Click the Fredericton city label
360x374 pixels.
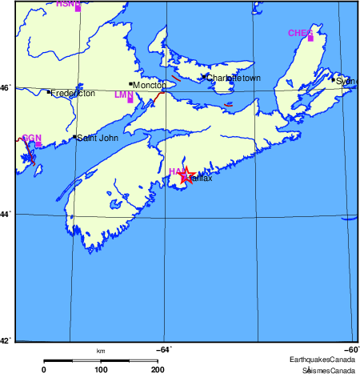(x=73, y=94)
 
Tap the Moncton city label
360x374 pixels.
(x=148, y=85)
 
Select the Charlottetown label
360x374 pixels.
(x=233, y=78)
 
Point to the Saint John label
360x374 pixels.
(x=97, y=138)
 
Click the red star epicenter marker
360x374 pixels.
(x=186, y=176)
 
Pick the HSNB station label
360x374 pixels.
(x=68, y=3)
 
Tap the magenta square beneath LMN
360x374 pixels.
(x=130, y=100)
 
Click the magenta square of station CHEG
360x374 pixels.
(x=310, y=38)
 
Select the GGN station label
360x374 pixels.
(x=31, y=139)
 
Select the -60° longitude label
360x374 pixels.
(x=350, y=348)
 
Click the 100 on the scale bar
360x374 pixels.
(x=101, y=369)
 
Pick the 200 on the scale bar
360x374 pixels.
(x=158, y=369)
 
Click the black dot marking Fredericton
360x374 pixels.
(x=48, y=92)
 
